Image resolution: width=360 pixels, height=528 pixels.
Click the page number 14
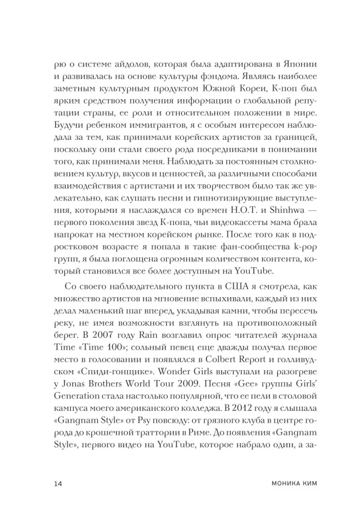pyautogui.click(x=58, y=483)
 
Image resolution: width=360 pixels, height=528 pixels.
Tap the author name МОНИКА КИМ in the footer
pyautogui.click(x=281, y=483)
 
